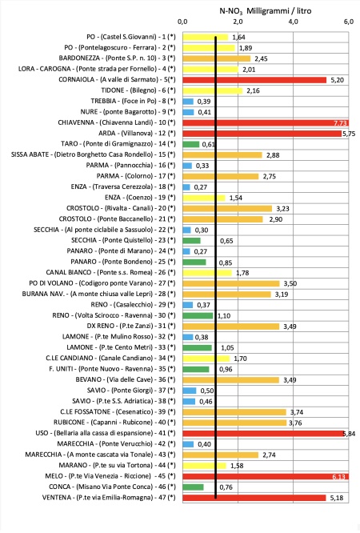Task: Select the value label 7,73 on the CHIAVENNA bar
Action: coord(340,122)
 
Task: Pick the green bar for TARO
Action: coord(191,144)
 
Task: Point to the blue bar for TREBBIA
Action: coord(188,102)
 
